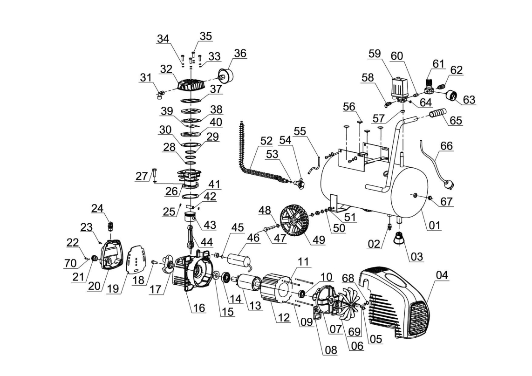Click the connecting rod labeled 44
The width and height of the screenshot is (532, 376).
tap(191, 236)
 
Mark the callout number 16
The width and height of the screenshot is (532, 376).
tap(199, 308)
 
